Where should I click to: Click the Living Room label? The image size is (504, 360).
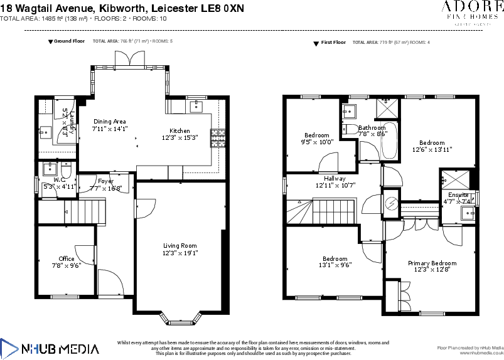pyautogui.click(x=180, y=246)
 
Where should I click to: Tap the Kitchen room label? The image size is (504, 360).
pyautogui.click(x=180, y=130)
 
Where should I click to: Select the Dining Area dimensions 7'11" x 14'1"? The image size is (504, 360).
pyautogui.click(x=110, y=129)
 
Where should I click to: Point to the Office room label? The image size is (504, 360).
pyautogui.click(x=67, y=258)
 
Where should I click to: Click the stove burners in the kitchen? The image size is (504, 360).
pyautogui.click(x=217, y=137)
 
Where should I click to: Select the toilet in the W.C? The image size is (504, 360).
pyautogui.click(x=66, y=169)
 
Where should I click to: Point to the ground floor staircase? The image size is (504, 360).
pyautogui.click(x=68, y=212)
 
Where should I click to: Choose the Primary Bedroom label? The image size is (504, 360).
pyautogui.click(x=432, y=263)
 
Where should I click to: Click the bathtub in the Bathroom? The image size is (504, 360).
pyautogui.click(x=389, y=140)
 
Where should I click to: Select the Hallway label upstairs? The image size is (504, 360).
pyautogui.click(x=335, y=179)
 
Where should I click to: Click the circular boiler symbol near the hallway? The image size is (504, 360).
pyautogui.click(x=391, y=203)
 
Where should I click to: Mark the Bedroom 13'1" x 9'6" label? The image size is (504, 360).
pyautogui.click(x=335, y=265)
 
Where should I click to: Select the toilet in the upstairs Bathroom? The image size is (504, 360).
pyautogui.click(x=349, y=130)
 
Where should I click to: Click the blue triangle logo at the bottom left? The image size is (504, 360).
pyautogui.click(x=9, y=349)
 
